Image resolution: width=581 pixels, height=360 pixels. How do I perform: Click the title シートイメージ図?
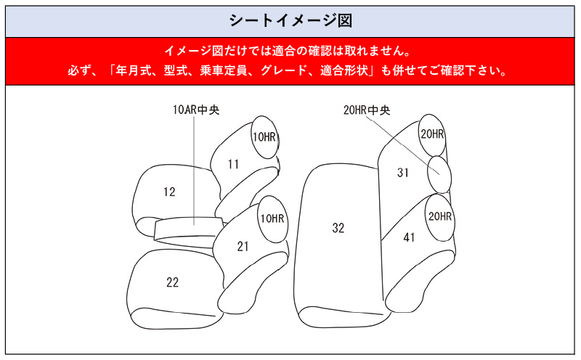point(290,20)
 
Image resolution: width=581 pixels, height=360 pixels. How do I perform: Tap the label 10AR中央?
point(196,110)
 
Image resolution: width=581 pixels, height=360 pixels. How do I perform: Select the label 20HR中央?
point(367,110)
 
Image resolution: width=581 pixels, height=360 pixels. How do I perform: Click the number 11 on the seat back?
point(233,164)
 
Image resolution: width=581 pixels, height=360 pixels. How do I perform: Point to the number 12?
point(169,192)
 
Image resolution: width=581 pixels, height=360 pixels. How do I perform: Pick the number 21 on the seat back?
point(243,246)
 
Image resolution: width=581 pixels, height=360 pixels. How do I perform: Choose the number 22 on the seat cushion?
point(173,282)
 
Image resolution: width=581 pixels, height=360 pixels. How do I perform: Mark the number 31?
point(403,173)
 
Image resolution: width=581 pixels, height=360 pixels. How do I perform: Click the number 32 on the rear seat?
point(338,228)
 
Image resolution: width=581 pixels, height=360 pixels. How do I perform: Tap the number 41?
point(409,237)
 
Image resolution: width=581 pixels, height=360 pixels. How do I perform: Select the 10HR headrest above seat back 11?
point(264,137)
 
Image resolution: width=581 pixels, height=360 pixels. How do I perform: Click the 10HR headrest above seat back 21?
point(273,219)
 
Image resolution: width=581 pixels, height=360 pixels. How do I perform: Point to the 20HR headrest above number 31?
point(432,135)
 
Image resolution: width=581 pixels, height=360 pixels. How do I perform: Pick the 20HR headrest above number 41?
point(440,217)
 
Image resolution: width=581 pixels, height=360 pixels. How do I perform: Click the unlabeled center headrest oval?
point(439,174)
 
